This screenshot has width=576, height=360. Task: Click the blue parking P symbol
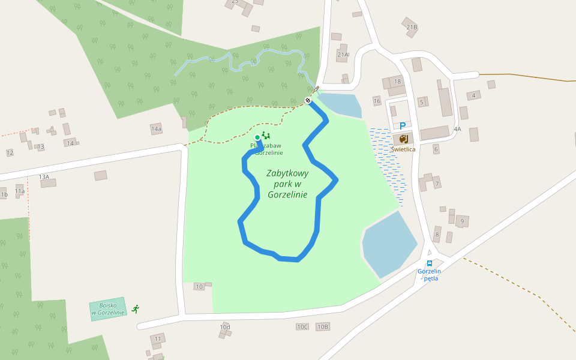[403, 126]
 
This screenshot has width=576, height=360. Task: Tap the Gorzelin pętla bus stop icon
[430, 263]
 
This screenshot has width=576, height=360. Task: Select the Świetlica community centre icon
[403, 139]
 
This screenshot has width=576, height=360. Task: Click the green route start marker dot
[257, 137]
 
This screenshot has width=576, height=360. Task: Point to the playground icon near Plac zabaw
[266, 136]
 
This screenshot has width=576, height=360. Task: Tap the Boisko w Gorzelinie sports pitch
[108, 309]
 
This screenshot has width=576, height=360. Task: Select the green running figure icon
[136, 308]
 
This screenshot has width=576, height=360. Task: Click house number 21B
[412, 28]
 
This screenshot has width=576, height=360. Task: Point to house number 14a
[156, 129]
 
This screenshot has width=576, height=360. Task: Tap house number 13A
[44, 177]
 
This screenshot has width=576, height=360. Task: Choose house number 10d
[224, 327]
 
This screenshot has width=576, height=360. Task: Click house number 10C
[302, 327]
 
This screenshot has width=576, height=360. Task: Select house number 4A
[457, 129]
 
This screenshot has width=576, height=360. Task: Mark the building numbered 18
[397, 82]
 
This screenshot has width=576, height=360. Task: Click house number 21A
[343, 55]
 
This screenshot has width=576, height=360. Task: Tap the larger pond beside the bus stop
[388, 243]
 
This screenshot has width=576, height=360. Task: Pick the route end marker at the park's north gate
[308, 100]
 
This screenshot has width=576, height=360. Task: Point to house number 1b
[4, 195]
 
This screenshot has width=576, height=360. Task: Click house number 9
[462, 221]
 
